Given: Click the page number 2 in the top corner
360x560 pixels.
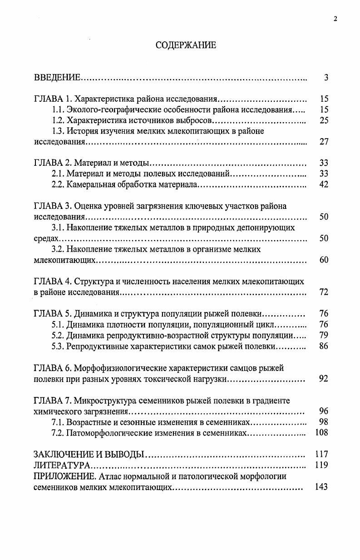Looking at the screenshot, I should [335, 19].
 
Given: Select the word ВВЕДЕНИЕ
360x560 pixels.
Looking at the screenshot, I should [57, 78].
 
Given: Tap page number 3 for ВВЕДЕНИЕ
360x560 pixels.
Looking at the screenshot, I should [326, 78].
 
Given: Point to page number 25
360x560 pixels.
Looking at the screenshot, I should [324, 120].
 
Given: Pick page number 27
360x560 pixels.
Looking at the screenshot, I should [324, 142].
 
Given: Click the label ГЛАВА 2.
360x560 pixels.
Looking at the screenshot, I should [53, 163].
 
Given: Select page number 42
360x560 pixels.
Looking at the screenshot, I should [324, 184].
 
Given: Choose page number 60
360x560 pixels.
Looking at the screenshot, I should [324, 260].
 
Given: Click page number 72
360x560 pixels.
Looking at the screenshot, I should [324, 292].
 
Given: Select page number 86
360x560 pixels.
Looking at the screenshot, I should [324, 346].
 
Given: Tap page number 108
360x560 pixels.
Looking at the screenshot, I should [322, 432].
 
